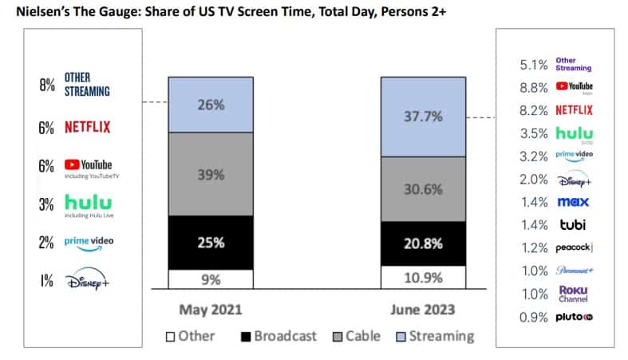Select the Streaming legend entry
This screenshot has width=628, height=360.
(434, 336)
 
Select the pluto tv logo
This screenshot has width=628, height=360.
(575, 317)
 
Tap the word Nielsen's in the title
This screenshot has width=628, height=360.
(47, 13)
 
